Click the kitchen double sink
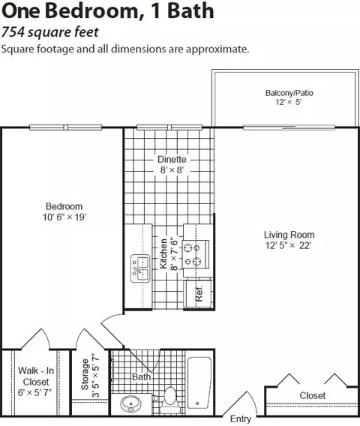click(140, 268)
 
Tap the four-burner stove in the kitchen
click(196, 254)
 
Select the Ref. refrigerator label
click(199, 293)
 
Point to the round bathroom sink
click(131, 404)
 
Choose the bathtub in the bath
click(199, 385)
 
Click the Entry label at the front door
click(241, 418)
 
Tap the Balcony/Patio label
click(289, 93)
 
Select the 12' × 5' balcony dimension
click(289, 102)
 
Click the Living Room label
click(289, 235)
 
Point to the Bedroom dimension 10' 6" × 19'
click(64, 217)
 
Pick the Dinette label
click(172, 159)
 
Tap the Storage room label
click(85, 374)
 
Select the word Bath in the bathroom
click(141, 376)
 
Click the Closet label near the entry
click(313, 395)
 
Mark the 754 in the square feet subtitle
click(13, 32)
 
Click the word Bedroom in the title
click(91, 11)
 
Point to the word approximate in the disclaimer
click(217, 49)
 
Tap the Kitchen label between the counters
click(163, 253)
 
